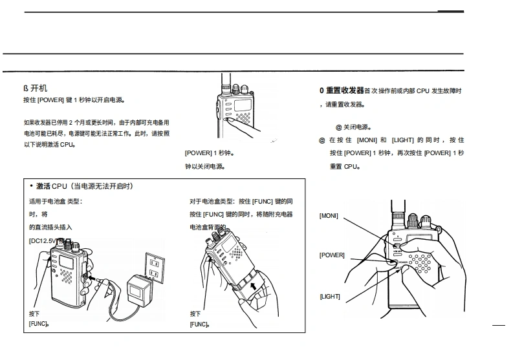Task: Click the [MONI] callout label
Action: [329, 215]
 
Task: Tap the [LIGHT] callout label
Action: [329, 297]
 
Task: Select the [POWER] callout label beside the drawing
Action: [332, 255]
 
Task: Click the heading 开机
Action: [39, 87]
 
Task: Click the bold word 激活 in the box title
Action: [45, 186]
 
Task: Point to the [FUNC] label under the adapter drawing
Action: [38, 323]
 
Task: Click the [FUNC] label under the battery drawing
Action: [199, 323]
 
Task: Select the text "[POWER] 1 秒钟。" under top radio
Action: [209, 153]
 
